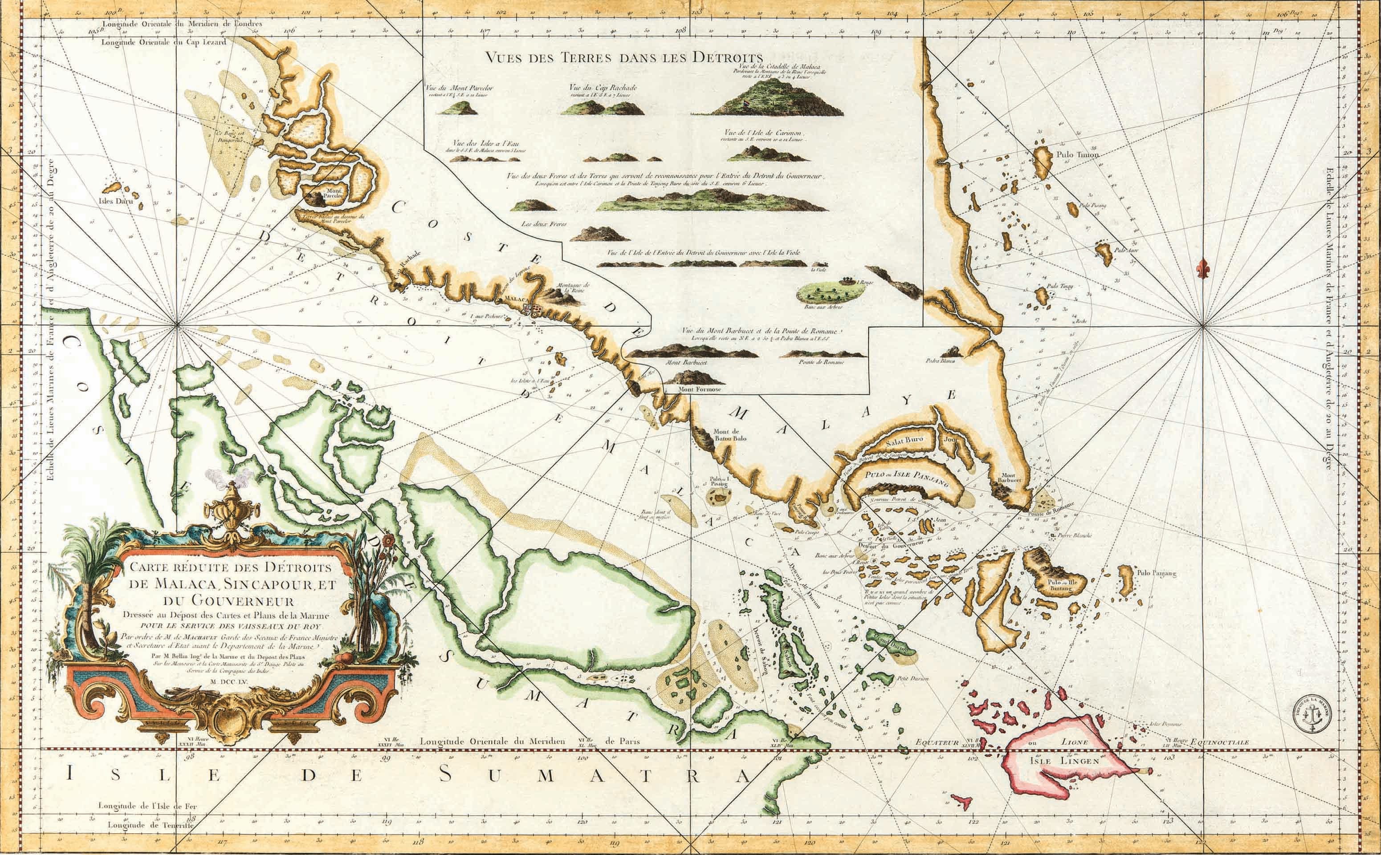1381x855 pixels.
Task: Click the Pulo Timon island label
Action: pos(1065,155)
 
